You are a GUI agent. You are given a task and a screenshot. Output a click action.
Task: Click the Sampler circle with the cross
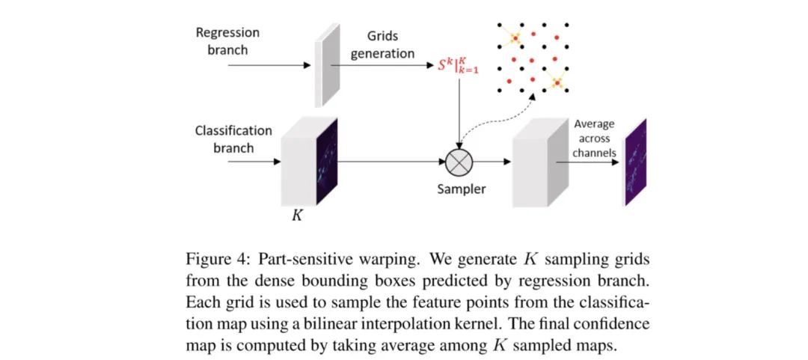coord(457,160)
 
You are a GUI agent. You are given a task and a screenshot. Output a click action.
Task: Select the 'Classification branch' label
coord(233,138)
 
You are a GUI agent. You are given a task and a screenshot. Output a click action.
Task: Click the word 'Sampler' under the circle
coord(461,189)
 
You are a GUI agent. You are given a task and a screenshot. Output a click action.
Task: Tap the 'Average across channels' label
coord(594,138)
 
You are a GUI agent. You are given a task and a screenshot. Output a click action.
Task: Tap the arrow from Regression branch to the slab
coord(269,65)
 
